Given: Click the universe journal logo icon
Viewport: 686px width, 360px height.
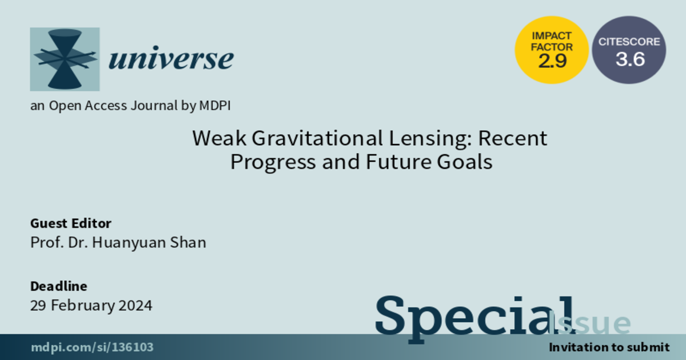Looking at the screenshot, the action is [x=65, y=59].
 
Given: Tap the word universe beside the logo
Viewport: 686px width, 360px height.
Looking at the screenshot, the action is [x=171, y=58].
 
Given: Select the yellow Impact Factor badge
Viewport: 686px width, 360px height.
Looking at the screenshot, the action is [x=552, y=50].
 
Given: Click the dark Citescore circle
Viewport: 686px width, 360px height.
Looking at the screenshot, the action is [x=629, y=50].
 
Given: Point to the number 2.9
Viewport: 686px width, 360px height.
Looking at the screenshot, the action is [x=552, y=61].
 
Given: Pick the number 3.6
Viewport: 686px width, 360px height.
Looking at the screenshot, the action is [x=630, y=59].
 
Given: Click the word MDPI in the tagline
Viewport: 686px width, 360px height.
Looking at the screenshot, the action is [x=215, y=106].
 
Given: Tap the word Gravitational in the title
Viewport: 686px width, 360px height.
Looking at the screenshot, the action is [x=317, y=138].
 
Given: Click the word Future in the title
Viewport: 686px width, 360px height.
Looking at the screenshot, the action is [x=398, y=162].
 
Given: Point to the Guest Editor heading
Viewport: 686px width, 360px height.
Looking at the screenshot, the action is [x=71, y=223].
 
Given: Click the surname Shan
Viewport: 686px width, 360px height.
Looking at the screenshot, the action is [x=188, y=242].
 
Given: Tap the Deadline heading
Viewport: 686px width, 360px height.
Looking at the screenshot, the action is [x=59, y=286].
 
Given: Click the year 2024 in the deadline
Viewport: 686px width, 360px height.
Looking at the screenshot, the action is [x=135, y=306].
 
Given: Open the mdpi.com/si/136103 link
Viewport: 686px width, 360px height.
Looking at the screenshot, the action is [x=92, y=347].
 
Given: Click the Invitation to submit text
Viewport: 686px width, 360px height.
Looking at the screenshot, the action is [x=609, y=347].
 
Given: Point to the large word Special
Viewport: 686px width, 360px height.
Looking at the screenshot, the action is [x=474, y=318].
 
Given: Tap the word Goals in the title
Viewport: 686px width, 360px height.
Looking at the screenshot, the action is [x=465, y=162].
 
